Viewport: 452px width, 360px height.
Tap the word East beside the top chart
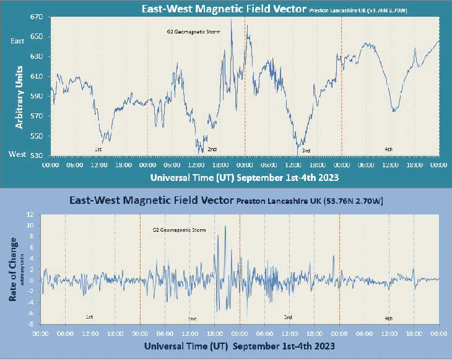pos(18,41)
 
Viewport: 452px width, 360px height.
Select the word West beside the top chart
pos(17,154)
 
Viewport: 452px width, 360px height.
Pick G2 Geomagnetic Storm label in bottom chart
pos(179,230)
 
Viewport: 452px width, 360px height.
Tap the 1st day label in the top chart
pos(98,150)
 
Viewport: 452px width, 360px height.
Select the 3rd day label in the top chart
pos(306,151)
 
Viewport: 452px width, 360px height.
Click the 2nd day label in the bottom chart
pos(192,318)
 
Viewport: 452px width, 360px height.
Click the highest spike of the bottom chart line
pos(225,226)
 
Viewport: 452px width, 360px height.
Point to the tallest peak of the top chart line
pos(231,19)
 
